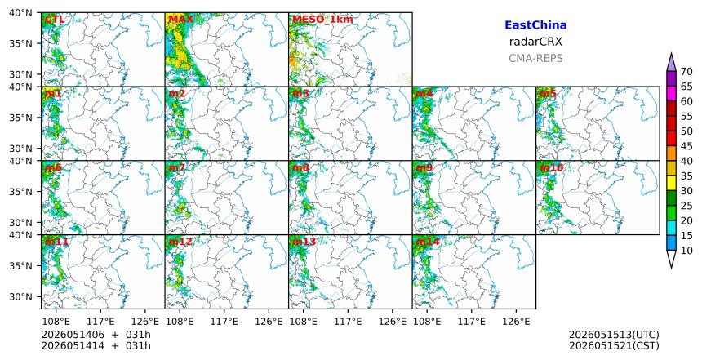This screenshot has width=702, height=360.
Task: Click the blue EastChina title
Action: tap(535, 25)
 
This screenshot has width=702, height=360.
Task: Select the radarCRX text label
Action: tap(535, 42)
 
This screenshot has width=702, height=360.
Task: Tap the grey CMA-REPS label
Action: tap(535, 58)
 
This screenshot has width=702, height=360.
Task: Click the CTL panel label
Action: tap(55, 20)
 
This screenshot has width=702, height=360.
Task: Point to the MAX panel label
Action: tap(180, 20)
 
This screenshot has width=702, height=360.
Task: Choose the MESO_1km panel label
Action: tap(322, 20)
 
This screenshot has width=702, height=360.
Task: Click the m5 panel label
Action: tap(548, 94)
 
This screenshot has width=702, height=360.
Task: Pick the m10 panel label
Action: tap(551, 167)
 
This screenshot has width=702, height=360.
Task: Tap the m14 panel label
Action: tap(428, 242)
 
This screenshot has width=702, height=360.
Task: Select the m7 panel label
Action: tap(176, 167)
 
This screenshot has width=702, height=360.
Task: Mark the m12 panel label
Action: tap(180, 242)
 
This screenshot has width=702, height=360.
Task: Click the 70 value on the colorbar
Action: tap(686, 72)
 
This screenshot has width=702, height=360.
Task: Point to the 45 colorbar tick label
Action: tap(686, 146)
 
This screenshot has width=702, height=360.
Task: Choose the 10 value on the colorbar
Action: tap(686, 251)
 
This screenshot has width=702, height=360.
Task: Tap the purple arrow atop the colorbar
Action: tap(671, 63)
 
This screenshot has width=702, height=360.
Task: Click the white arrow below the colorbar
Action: tap(671, 258)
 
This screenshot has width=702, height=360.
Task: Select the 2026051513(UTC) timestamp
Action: tap(614, 335)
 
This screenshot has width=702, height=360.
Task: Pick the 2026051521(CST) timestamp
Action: tap(614, 345)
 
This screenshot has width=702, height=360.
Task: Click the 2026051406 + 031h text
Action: tap(96, 335)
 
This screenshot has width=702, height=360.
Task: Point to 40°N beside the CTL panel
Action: tap(20, 12)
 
